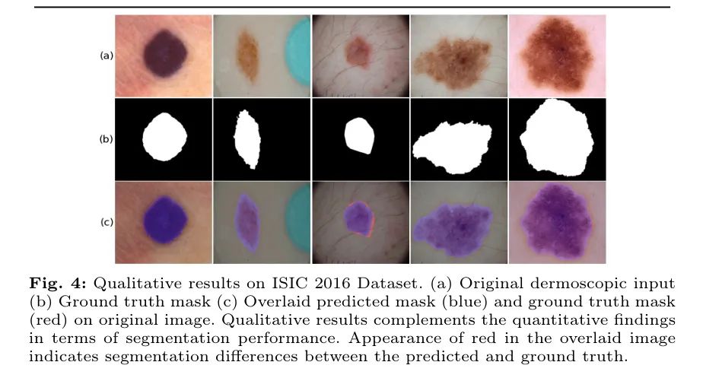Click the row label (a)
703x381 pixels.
107,56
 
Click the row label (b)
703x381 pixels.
107,139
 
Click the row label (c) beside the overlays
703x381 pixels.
107,222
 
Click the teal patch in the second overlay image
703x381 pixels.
298,218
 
